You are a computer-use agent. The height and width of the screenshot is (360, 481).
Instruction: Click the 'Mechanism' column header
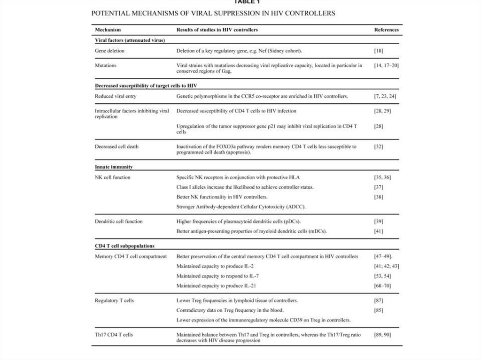point(108,30)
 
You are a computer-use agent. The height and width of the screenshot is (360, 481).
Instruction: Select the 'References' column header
point(386,30)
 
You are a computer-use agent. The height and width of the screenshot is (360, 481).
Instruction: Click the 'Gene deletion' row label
point(109,51)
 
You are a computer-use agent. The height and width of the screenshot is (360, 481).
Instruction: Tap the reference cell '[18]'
point(379,51)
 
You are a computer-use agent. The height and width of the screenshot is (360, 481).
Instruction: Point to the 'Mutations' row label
point(106,65)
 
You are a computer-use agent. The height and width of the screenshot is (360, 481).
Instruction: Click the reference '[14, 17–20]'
point(386,65)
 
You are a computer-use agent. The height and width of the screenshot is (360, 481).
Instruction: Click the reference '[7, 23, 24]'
point(385,96)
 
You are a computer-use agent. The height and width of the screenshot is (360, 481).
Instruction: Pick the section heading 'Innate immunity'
point(113,167)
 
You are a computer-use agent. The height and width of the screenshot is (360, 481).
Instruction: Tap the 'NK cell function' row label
point(113,177)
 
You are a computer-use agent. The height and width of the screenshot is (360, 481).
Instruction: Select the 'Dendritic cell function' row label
point(119,221)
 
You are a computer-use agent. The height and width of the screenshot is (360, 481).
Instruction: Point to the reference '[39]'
point(379,221)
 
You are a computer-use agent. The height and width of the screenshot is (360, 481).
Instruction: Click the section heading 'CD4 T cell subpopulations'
point(124,245)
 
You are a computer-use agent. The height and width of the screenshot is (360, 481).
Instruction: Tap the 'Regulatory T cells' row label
point(114,300)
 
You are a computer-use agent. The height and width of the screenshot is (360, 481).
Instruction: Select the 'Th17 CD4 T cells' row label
point(114,335)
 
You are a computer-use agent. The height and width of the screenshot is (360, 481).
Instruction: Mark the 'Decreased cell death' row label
point(116,146)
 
